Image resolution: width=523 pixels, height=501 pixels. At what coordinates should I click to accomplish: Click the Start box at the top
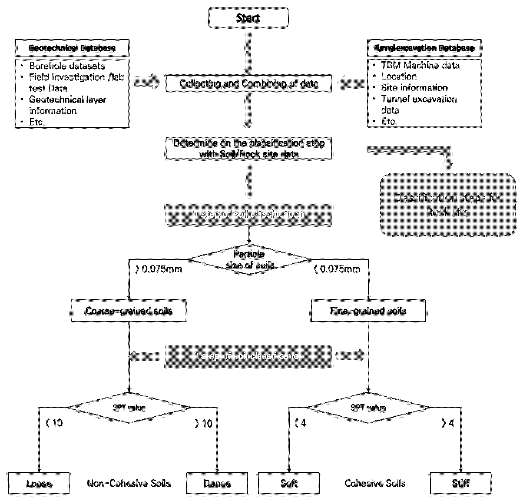pos(248,18)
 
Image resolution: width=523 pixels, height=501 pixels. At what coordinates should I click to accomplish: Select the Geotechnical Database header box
pos(72,48)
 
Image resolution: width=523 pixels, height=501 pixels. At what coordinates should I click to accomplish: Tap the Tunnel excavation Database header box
pos(424,48)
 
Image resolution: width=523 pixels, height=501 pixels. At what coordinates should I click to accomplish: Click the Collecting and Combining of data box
pos(249,83)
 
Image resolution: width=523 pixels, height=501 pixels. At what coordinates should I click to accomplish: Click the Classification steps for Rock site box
pos(448,205)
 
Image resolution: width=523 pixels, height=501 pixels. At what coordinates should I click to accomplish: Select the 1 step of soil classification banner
pos(249,214)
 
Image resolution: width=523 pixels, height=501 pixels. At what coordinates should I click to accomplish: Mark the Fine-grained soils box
pos(368,311)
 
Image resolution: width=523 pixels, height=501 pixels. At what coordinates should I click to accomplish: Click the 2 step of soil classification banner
pos(249,356)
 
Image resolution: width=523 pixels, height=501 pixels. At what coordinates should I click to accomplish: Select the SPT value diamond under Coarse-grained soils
pos(129,408)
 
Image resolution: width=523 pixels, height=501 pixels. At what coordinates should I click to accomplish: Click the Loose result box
pos(39,483)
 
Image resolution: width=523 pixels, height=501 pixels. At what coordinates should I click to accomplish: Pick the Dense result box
pos(217,483)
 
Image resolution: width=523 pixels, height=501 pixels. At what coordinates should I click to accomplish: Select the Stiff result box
pos(461,483)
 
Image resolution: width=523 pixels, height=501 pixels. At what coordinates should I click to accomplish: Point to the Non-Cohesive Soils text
pos(129,483)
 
